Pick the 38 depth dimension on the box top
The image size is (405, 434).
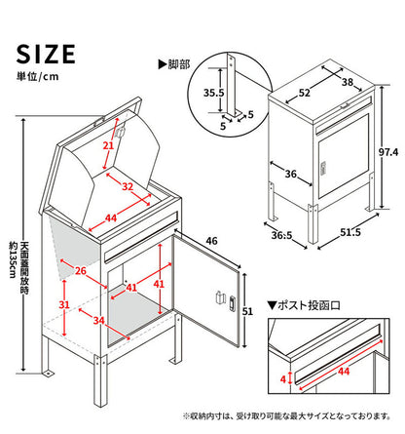(349, 83)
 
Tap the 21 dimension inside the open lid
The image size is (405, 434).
(109, 146)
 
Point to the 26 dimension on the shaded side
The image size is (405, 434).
(81, 271)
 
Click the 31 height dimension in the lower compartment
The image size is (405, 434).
(64, 304)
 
